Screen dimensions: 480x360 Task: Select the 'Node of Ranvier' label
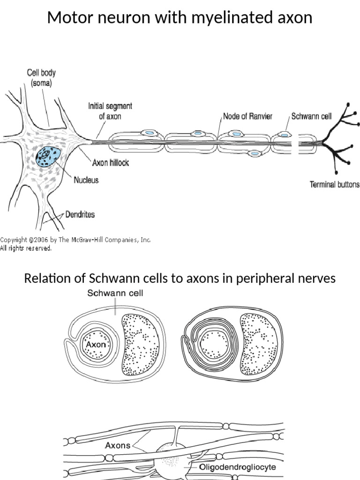(x=247, y=116)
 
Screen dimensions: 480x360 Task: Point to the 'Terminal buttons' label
(x=335, y=184)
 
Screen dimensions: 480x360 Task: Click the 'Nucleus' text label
(x=86, y=180)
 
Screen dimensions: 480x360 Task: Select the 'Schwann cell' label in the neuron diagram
(x=311, y=116)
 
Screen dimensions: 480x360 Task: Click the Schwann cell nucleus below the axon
(x=255, y=153)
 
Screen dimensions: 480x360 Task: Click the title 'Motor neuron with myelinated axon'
(x=180, y=18)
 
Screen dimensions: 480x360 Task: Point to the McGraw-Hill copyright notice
(x=75, y=243)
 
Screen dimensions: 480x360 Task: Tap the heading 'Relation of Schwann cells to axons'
(x=180, y=278)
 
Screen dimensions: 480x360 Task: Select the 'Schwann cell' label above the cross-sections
(x=115, y=293)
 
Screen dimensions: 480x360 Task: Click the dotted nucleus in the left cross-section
(x=140, y=345)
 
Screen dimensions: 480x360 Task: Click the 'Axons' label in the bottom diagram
(x=118, y=445)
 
